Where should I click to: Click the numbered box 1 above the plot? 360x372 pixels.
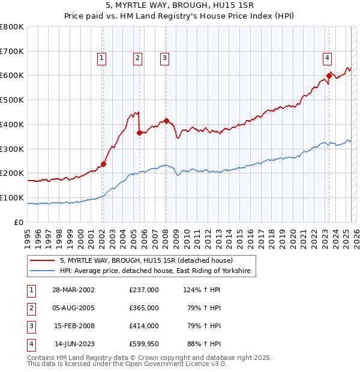click(103, 58)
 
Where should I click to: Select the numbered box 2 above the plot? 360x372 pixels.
click(138, 58)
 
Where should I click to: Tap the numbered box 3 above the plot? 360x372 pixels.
click(164, 58)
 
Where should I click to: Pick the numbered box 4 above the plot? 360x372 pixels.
click(328, 58)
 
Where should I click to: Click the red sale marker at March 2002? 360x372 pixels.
click(103, 164)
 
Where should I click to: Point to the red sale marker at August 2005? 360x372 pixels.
click(139, 133)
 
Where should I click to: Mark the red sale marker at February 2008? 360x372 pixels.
click(166, 121)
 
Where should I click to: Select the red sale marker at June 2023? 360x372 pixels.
click(329, 75)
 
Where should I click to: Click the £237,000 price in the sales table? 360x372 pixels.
click(144, 290)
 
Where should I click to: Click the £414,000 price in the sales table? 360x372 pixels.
click(144, 326)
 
